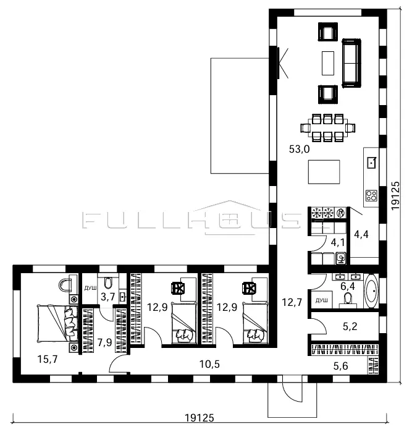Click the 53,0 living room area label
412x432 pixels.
(x=299, y=150)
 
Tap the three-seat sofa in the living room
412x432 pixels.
(x=351, y=63)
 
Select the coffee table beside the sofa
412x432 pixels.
(x=328, y=63)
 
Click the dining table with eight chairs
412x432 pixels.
(x=327, y=128)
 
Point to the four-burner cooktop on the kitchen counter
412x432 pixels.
(x=371, y=196)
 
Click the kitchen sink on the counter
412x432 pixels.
(x=372, y=163)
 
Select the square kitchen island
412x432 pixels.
(x=324, y=172)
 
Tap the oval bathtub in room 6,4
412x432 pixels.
(x=371, y=291)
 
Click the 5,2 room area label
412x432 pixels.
(x=350, y=326)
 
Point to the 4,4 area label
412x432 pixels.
(x=361, y=234)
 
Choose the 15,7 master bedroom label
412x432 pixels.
(x=48, y=359)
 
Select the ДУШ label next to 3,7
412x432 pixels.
(x=90, y=288)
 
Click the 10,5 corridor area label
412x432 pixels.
(x=209, y=364)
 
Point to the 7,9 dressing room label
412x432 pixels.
(x=104, y=343)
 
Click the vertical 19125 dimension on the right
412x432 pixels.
(x=395, y=195)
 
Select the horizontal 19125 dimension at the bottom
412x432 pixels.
(x=199, y=418)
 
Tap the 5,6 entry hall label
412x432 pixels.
(x=341, y=366)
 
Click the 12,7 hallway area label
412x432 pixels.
(x=292, y=302)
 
